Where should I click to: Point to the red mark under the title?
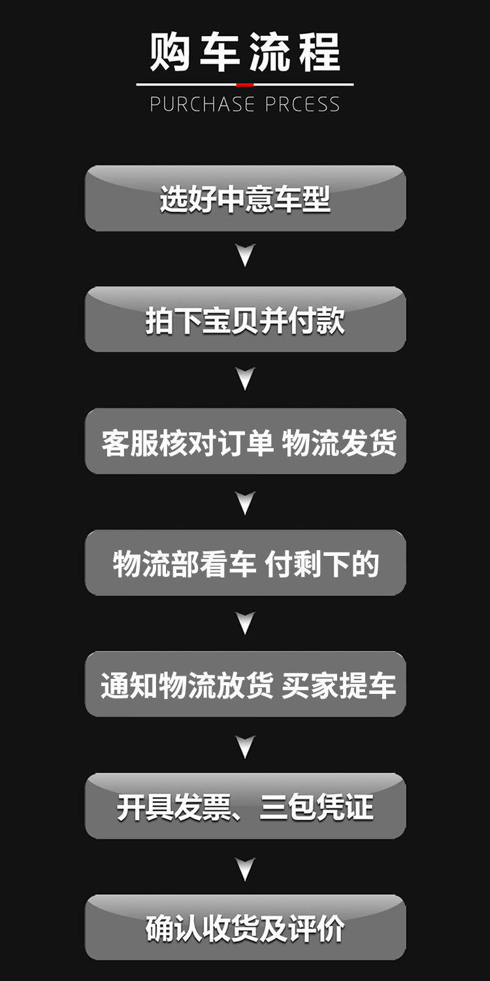(245, 84)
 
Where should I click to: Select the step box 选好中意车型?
(245, 199)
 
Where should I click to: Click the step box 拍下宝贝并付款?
(245, 320)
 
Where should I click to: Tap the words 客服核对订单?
(187, 443)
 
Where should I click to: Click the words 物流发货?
(339, 443)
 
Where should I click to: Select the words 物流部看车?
(184, 564)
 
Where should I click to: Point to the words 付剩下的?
(321, 564)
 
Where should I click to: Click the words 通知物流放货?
(187, 685)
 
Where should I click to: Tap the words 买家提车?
(339, 685)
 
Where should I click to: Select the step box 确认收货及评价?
(245, 928)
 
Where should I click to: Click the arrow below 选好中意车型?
(245, 256)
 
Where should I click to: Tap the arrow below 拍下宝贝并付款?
(245, 378)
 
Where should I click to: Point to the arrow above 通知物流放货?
(245, 623)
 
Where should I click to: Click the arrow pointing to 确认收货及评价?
(245, 869)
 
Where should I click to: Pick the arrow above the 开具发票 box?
(245, 746)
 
